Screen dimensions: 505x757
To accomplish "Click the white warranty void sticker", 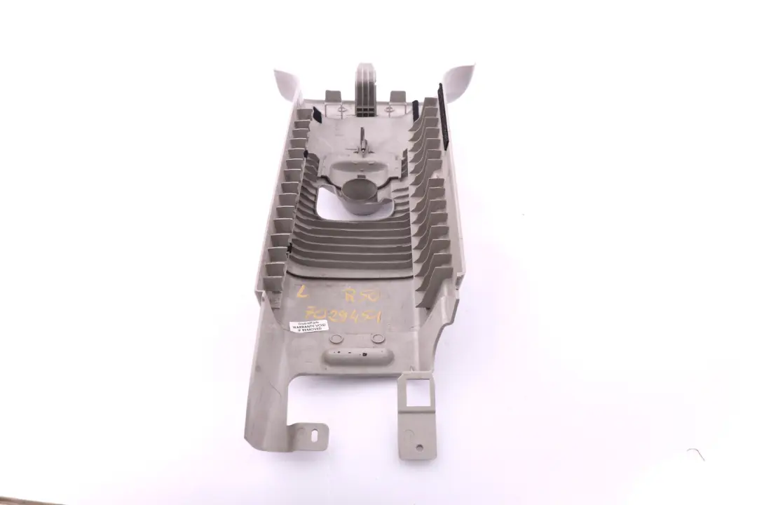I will [308, 325].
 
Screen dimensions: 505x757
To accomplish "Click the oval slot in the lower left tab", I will [315, 436].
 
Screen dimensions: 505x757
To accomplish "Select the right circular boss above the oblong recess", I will [378, 338].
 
